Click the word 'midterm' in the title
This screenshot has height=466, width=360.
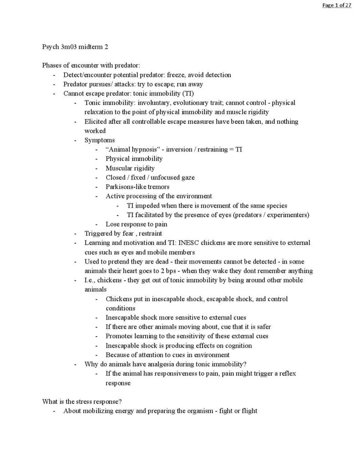(x=85, y=47)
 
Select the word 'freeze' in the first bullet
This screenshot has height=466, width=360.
(x=176, y=75)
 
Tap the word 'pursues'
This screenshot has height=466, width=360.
(x=102, y=84)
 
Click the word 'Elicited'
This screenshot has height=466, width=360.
(x=95, y=122)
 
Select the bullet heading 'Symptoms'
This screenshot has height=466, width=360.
(x=99, y=140)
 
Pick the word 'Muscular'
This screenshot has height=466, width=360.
(x=118, y=168)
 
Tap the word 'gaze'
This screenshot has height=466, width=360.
(x=188, y=177)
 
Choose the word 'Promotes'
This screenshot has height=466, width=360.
(x=119, y=336)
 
